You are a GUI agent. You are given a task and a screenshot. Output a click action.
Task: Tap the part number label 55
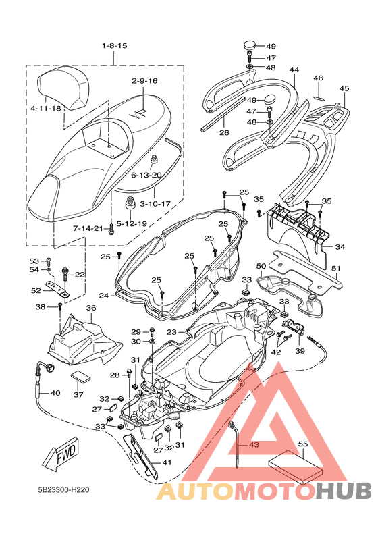(302, 444)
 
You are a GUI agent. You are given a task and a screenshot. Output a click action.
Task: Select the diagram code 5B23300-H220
(63, 490)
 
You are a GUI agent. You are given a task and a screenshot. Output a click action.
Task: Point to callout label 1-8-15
(115, 46)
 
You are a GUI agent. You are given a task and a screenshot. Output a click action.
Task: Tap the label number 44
(294, 70)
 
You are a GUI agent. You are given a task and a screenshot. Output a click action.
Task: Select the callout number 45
(344, 88)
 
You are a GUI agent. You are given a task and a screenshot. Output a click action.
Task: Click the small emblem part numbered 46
(319, 98)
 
